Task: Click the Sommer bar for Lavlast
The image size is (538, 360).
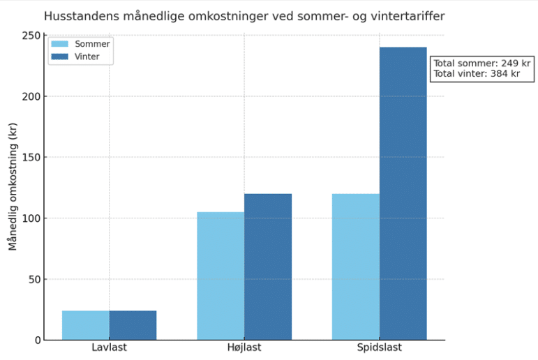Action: pos(86,325)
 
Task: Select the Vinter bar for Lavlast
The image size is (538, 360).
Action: pos(133,325)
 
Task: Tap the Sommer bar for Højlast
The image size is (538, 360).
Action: pos(221,276)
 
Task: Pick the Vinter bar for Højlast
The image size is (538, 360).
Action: pos(268,267)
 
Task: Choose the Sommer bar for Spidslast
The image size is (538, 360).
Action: pos(356,267)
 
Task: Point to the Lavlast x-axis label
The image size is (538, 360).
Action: pos(109,347)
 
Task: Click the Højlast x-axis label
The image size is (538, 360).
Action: pos(244,347)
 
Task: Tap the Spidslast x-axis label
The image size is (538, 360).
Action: pos(379,347)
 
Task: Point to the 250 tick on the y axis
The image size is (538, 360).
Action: pos(30,36)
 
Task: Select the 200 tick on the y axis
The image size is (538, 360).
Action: pos(30,96)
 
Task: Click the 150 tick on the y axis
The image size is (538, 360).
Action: pos(30,158)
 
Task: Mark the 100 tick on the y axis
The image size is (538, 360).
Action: pos(30,218)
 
